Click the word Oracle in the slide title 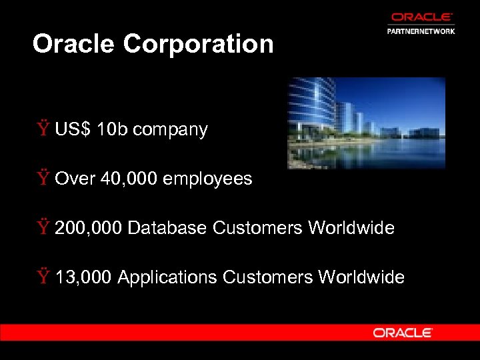click(75, 44)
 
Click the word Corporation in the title click(199, 44)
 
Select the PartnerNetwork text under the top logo click(421, 31)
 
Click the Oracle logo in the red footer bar click(403, 332)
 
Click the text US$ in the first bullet click(73, 129)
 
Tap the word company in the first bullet click(170, 130)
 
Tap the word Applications click(167, 277)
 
